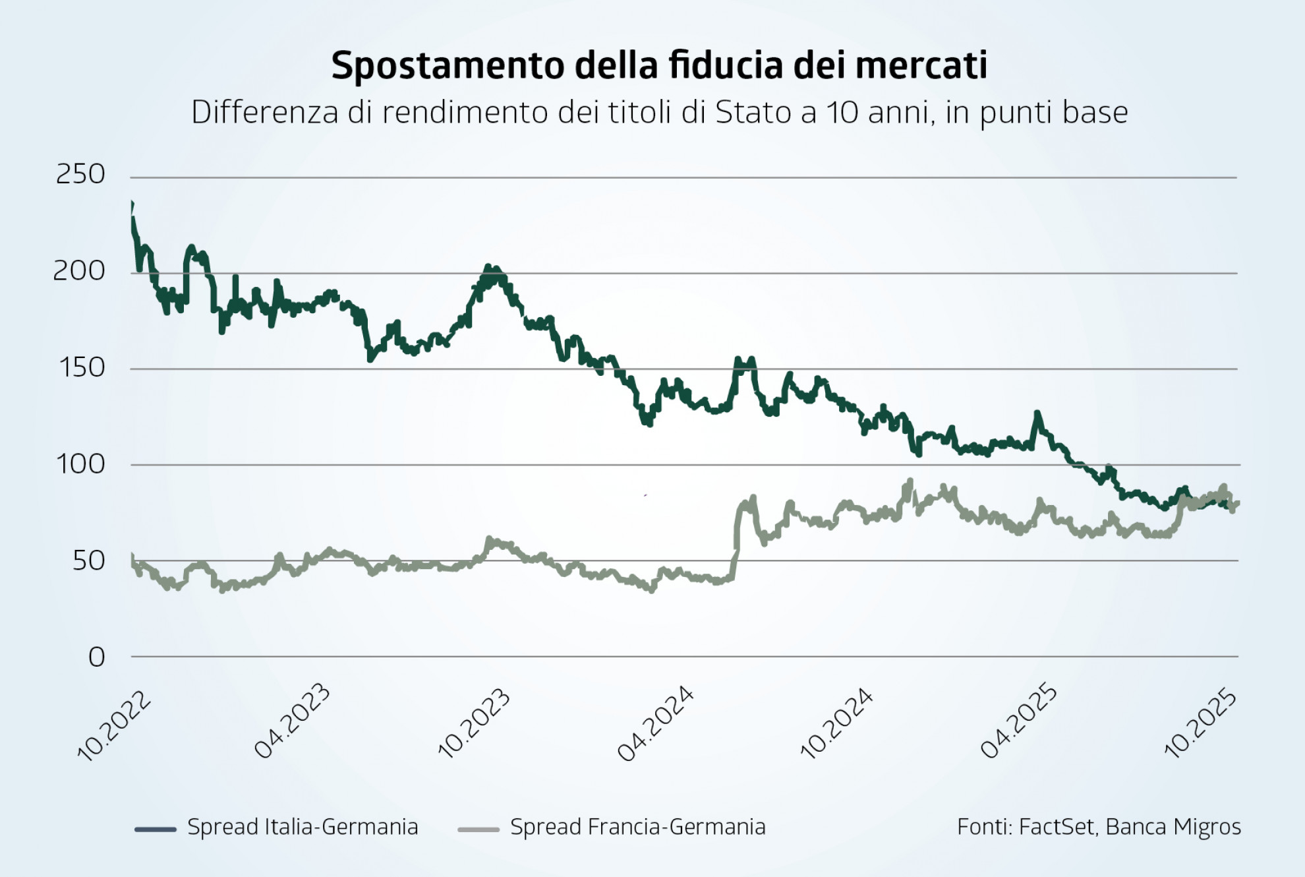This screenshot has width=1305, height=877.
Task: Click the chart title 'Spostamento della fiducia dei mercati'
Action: [659, 65]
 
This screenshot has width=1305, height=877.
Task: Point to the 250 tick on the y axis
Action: [80, 175]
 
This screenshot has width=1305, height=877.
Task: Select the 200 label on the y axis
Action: [79, 271]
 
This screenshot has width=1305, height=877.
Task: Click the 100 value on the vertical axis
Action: [81, 464]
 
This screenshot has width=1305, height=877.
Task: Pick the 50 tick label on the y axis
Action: [88, 561]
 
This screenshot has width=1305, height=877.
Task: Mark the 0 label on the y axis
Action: [97, 657]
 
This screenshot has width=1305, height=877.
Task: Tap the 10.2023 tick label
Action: [474, 723]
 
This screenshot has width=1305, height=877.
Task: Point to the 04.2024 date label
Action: [655, 724]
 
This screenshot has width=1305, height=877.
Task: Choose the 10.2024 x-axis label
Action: [836, 723]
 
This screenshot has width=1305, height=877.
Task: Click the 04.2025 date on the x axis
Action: [1018, 723]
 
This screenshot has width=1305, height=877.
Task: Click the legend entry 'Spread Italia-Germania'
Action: [303, 827]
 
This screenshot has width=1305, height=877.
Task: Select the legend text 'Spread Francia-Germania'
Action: [637, 827]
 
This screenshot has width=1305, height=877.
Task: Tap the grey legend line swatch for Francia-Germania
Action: [478, 829]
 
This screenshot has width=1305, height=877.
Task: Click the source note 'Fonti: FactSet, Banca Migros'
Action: [1099, 827]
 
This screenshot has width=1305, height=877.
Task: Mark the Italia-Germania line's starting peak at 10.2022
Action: [132, 204]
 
